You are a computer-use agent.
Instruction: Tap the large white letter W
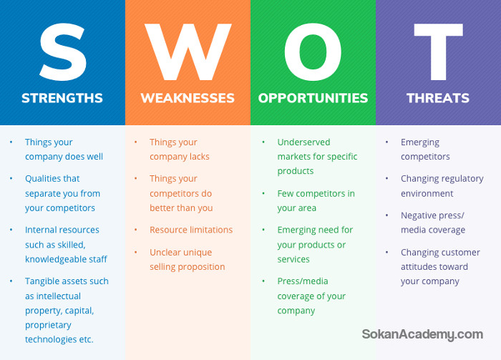(x=188, y=52)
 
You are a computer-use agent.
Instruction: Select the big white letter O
(x=313, y=52)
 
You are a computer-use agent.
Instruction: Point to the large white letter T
(x=438, y=52)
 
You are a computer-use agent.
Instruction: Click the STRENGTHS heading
(x=62, y=98)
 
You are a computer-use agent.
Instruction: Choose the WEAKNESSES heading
(x=188, y=98)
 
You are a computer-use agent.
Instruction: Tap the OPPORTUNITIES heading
(x=313, y=98)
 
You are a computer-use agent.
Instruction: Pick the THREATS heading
(x=438, y=98)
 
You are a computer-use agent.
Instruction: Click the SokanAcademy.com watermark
(x=422, y=334)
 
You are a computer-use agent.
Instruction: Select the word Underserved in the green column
(x=303, y=142)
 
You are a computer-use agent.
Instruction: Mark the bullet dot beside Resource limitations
(x=136, y=230)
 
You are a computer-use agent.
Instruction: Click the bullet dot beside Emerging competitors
(x=387, y=142)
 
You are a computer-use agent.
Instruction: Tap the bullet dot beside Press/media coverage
(x=263, y=281)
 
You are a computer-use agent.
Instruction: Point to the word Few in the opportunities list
(x=284, y=193)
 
